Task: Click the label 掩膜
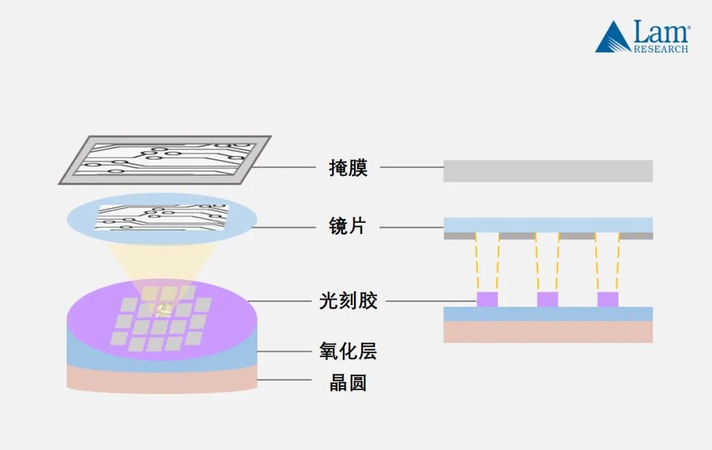coord(348,167)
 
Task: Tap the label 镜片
coord(347,227)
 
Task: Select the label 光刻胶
coord(348,302)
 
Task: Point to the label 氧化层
coord(348,351)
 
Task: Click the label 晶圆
coord(348,383)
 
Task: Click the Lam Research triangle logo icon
coord(612,39)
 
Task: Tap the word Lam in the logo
coord(661,32)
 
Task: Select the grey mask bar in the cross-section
coord(548,171)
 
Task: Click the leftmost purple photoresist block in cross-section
coord(487,299)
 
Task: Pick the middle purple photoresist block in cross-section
coord(547,299)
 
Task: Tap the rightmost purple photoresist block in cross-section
coord(608,299)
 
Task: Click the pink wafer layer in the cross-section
coord(548,332)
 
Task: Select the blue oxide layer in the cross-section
coord(548,314)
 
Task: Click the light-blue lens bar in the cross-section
coord(548,225)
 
